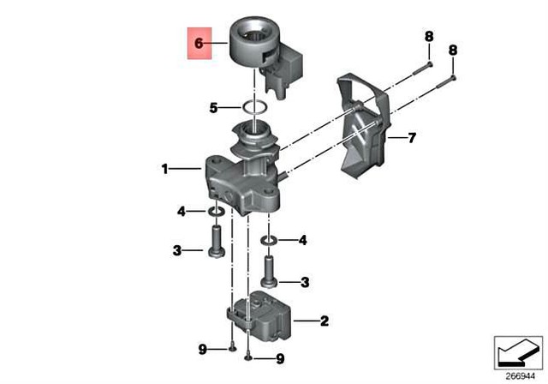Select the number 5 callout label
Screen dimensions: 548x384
tap(215, 108)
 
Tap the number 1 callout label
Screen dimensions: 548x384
tap(164, 170)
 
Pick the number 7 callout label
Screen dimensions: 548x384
tap(412, 137)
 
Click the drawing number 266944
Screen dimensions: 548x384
tap(518, 375)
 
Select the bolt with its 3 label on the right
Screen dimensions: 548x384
tap(269, 270)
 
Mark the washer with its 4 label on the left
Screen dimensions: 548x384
tap(216, 211)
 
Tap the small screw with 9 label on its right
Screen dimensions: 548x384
tap(247, 354)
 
